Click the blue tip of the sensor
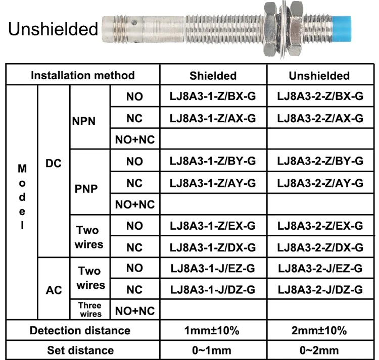pos(342,29)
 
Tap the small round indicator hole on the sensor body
pos(134,23)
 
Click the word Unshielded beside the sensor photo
pos(53,29)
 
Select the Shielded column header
pos(213,76)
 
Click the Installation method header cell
pos(83,75)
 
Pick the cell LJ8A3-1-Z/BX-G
pos(213,96)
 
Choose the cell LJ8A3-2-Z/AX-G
pos(320,118)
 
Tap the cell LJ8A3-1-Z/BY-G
pos(213,161)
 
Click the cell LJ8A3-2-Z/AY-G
pos(320,183)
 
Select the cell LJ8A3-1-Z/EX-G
pos(213,226)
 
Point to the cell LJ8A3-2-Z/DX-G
pos(320,247)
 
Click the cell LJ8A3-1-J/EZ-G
pos(213,268)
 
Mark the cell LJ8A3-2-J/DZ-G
pos(320,289)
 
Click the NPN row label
pos(84,121)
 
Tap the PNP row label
pos(86,188)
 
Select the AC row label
pos(54,290)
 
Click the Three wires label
pos(90,310)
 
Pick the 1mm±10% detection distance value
pos(212,330)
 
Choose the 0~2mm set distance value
pos(319,350)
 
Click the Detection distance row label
pos(80,330)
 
